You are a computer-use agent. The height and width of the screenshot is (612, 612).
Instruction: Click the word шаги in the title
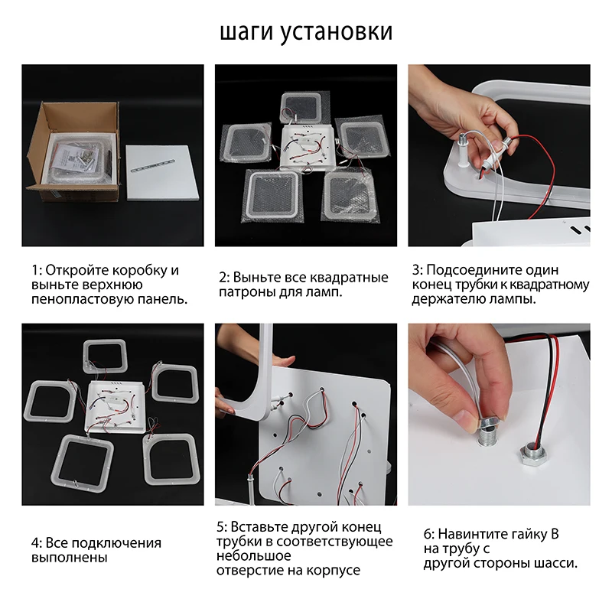pos(246,33)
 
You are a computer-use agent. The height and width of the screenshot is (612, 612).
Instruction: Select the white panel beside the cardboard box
pos(162,173)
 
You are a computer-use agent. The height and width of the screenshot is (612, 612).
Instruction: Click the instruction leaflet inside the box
pos(71,158)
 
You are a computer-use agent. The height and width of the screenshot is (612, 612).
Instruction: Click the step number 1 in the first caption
pos(35,270)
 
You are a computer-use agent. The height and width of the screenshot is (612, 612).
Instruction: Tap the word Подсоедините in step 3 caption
pos(473,270)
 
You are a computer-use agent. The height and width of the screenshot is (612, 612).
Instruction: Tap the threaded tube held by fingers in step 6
pos(487,433)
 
